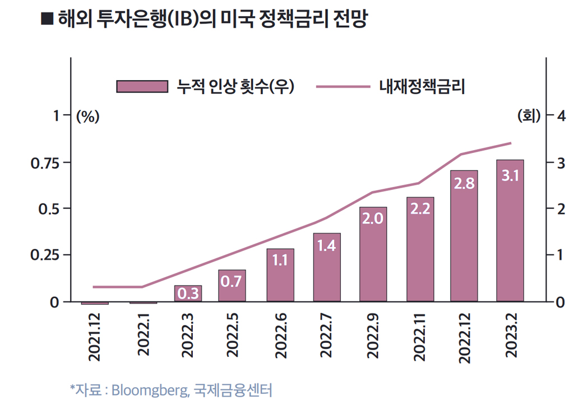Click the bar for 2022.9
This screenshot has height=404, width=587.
coord(373,255)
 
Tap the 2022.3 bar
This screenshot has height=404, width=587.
coord(188,294)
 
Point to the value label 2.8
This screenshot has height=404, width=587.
coord(464,183)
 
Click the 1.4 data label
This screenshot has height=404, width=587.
coord(326,245)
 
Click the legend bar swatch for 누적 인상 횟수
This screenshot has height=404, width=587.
coord(142,86)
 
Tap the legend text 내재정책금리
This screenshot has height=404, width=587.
coord(422,87)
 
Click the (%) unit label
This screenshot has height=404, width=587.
coord(87,117)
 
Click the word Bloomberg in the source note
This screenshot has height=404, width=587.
coord(148,389)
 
